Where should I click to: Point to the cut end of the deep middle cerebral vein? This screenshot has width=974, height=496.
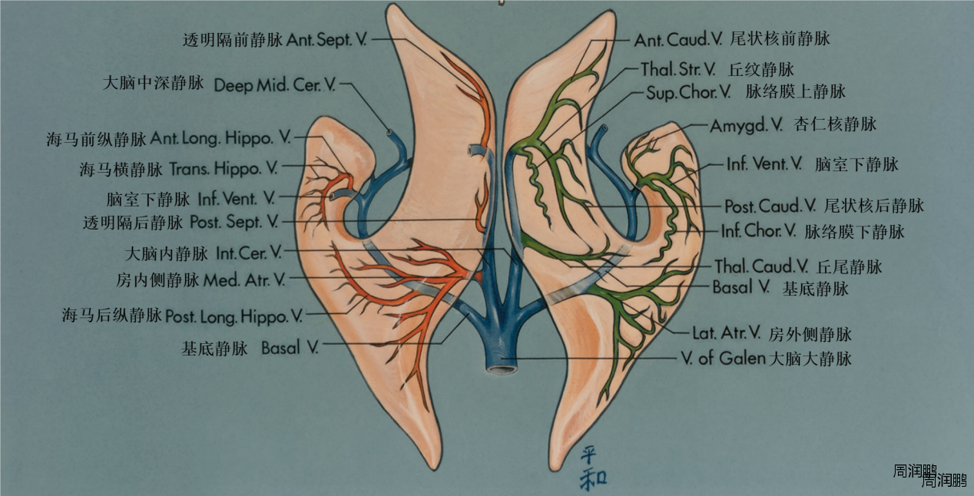coord(392,133)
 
